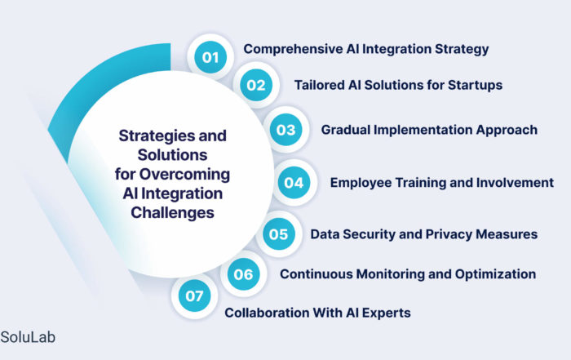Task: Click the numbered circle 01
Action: coord(210,57)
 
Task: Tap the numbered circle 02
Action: coord(256,85)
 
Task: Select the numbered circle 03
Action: coord(285,130)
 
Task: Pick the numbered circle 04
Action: coord(294,183)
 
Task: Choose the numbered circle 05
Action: coord(279,234)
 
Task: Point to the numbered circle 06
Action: coord(243,274)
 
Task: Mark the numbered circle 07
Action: coord(194,296)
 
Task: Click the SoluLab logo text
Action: coord(28,337)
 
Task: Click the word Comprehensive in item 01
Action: coord(293,49)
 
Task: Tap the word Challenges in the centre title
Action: coord(173,213)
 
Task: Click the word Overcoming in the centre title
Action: coord(184,174)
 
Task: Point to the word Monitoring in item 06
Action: coord(391,274)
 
